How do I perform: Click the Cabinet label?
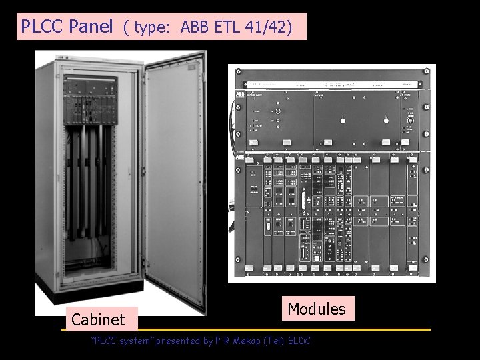[x=98, y=320]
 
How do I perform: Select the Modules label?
[x=317, y=309]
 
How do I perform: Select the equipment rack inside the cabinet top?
[x=90, y=100]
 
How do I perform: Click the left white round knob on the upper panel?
[x=342, y=120]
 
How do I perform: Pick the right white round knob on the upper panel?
[x=385, y=120]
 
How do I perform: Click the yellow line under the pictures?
[x=247, y=330]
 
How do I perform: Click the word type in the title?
[x=150, y=28]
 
